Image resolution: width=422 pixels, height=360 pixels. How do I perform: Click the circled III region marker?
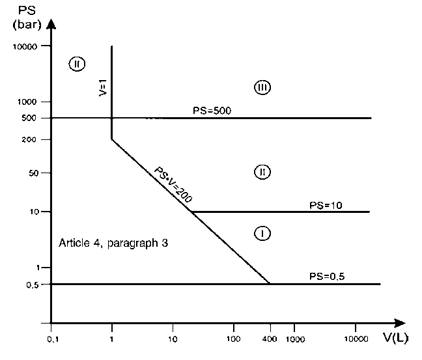[x=262, y=87]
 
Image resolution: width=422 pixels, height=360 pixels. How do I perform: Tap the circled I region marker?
[x=262, y=233]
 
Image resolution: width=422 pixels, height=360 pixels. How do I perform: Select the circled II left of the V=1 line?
[x=77, y=64]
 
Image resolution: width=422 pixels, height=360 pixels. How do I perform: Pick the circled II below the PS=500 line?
[x=262, y=172]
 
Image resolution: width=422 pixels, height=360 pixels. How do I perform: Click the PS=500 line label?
[x=212, y=111]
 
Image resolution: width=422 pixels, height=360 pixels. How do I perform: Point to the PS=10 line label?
[x=326, y=205]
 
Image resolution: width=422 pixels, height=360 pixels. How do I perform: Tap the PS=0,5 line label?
[x=327, y=276]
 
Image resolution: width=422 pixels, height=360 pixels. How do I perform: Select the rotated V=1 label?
[x=103, y=88]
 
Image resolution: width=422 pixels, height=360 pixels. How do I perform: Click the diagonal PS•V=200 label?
[x=173, y=185]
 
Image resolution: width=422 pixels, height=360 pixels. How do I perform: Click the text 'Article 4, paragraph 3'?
[x=113, y=243]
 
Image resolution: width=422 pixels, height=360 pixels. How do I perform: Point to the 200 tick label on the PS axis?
[x=29, y=139]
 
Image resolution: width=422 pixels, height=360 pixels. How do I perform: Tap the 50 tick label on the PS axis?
[x=33, y=173]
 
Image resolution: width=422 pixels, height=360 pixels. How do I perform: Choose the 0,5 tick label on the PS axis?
[x=33, y=285]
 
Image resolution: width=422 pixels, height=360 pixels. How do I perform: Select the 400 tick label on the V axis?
[x=270, y=339]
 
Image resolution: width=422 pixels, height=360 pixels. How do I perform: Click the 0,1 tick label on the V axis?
[x=53, y=339]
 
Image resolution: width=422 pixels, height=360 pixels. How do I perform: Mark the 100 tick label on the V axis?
[x=233, y=339]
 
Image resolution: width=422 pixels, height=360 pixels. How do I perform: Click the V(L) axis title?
[x=396, y=338]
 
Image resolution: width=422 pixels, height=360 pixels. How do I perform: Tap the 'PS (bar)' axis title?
[x=27, y=18]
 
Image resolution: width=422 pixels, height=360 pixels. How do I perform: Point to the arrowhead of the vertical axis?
[x=51, y=23]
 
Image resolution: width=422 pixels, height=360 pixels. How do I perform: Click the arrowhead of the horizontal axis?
[x=400, y=323]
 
